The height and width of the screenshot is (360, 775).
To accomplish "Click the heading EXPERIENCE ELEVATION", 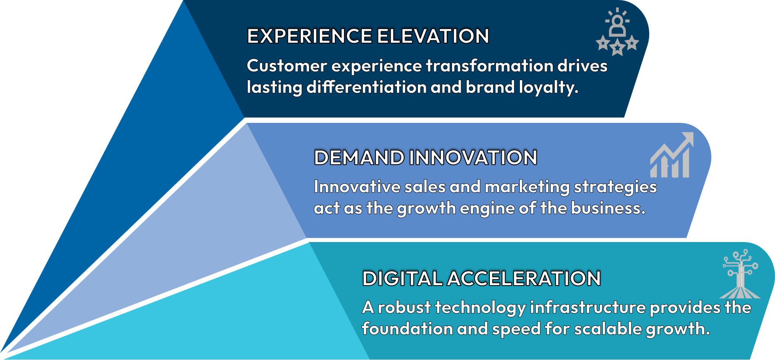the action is (x=368, y=36).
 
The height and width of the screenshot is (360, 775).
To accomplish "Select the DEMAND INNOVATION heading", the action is (x=425, y=157).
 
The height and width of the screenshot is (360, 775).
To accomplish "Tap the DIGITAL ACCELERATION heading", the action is (x=481, y=278).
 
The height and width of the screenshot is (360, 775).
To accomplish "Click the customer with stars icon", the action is (x=617, y=32).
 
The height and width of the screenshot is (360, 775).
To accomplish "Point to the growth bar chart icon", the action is (x=671, y=155).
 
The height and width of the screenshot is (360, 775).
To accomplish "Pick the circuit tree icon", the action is (x=740, y=274).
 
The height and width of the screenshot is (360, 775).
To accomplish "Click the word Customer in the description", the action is (x=287, y=66).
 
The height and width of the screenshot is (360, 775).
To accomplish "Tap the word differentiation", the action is (x=367, y=87).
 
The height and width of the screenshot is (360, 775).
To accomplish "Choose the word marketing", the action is (x=527, y=187).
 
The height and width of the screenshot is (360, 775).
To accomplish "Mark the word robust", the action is (x=404, y=307).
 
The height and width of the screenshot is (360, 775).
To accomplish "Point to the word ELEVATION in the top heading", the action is (x=433, y=36).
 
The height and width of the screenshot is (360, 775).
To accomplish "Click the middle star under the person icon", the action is (x=617, y=48).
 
